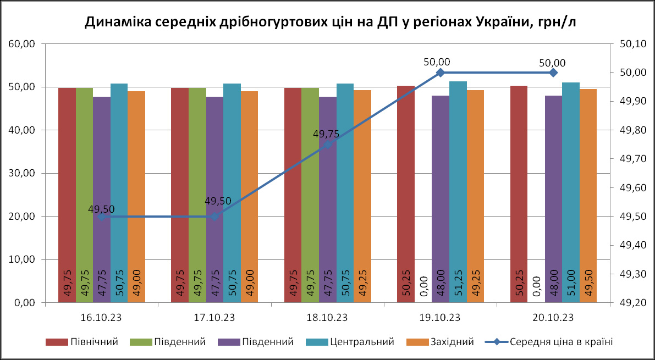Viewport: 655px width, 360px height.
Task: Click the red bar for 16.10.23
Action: (x=67, y=195)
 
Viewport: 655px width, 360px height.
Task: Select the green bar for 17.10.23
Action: (x=197, y=195)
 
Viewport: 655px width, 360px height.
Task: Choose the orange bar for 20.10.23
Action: (x=588, y=195)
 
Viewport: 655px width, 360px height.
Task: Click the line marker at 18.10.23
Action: (x=327, y=145)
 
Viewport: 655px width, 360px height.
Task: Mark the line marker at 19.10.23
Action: (x=441, y=73)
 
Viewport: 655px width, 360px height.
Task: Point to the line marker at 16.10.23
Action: (x=101, y=217)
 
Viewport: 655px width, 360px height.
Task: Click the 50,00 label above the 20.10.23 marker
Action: (x=552, y=63)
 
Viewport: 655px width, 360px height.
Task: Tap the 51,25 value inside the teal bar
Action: (x=458, y=284)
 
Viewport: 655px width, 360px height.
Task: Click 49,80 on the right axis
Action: (x=633, y=130)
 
